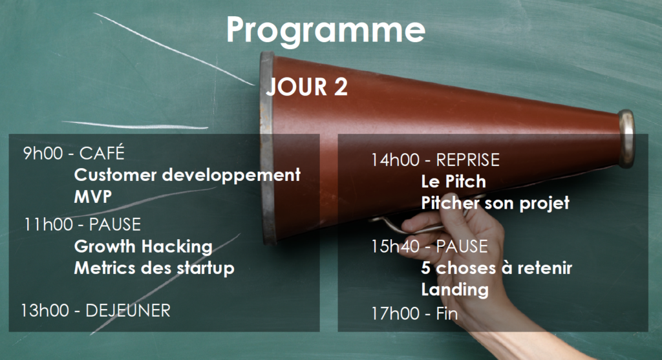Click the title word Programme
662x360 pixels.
326,30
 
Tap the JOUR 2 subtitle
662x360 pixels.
306,87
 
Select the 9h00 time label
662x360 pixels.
43,153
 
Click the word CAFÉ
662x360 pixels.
101,153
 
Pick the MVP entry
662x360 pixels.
93,196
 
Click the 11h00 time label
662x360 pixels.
48,224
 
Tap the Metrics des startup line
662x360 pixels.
154,268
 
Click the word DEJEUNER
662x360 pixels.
128,311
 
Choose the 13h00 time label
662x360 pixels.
45,311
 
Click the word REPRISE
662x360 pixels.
468,160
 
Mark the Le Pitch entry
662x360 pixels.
453,182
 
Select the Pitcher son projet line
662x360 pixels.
495,204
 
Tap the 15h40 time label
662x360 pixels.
396,246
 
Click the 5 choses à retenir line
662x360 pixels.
496,268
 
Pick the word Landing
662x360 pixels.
454,290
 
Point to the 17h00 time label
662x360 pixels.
396,314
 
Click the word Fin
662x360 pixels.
447,314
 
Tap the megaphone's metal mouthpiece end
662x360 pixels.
626,138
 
